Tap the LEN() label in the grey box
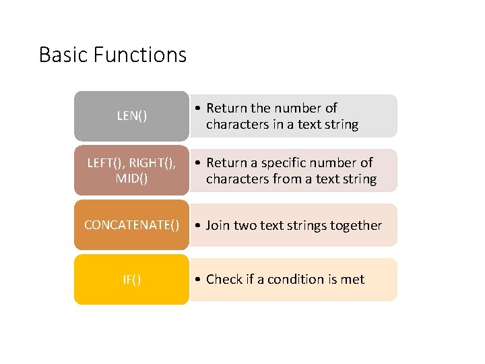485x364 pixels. (131, 116)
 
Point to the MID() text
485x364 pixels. (131, 179)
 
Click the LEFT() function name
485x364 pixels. (106, 163)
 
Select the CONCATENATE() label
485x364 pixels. (131, 225)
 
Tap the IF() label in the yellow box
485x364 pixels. (131, 280)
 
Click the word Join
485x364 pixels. (218, 226)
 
